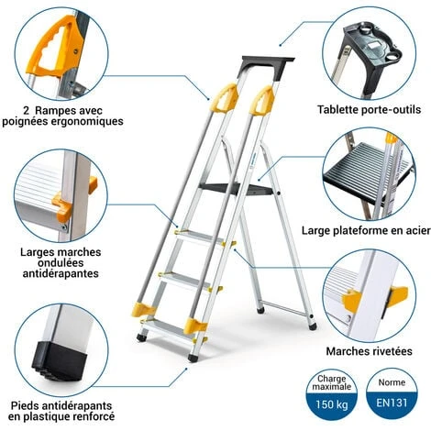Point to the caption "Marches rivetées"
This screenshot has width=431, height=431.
pyautogui.click(x=370, y=349)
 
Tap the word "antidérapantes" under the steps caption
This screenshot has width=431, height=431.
pyautogui.click(x=62, y=273)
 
